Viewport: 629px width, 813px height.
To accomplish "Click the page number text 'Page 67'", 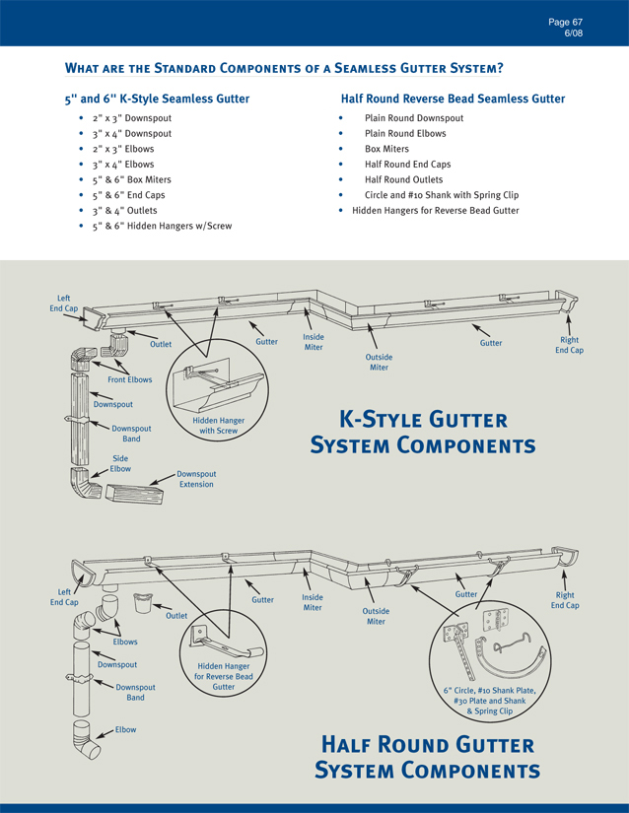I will click(x=565, y=21).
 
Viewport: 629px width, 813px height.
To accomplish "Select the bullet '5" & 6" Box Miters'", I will click(x=131, y=179).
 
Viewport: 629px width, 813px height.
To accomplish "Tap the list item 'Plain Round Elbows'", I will click(x=405, y=133).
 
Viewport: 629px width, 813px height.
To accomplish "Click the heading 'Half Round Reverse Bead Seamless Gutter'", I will click(x=453, y=99).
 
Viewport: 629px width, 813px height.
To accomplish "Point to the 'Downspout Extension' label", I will click(x=196, y=479).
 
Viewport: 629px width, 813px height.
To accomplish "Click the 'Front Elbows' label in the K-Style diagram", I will click(x=130, y=379).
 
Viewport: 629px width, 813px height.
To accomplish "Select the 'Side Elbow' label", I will click(x=120, y=463).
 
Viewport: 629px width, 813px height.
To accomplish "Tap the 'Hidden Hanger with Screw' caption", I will click(x=218, y=426).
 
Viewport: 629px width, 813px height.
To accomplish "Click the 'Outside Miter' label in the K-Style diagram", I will click(x=379, y=362).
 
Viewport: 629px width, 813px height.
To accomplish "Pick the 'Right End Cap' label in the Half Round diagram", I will click(x=565, y=600).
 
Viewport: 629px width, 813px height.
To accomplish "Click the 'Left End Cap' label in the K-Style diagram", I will click(x=63, y=303).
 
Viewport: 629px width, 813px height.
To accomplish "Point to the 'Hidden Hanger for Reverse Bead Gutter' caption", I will click(x=223, y=676).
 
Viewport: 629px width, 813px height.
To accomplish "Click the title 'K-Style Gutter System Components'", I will click(x=423, y=433).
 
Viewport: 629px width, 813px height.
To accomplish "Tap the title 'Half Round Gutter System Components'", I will click(x=427, y=756).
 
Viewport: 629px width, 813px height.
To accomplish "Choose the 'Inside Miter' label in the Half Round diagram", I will click(x=313, y=602).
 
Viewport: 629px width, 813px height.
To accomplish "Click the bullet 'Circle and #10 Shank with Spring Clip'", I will click(x=441, y=195).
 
